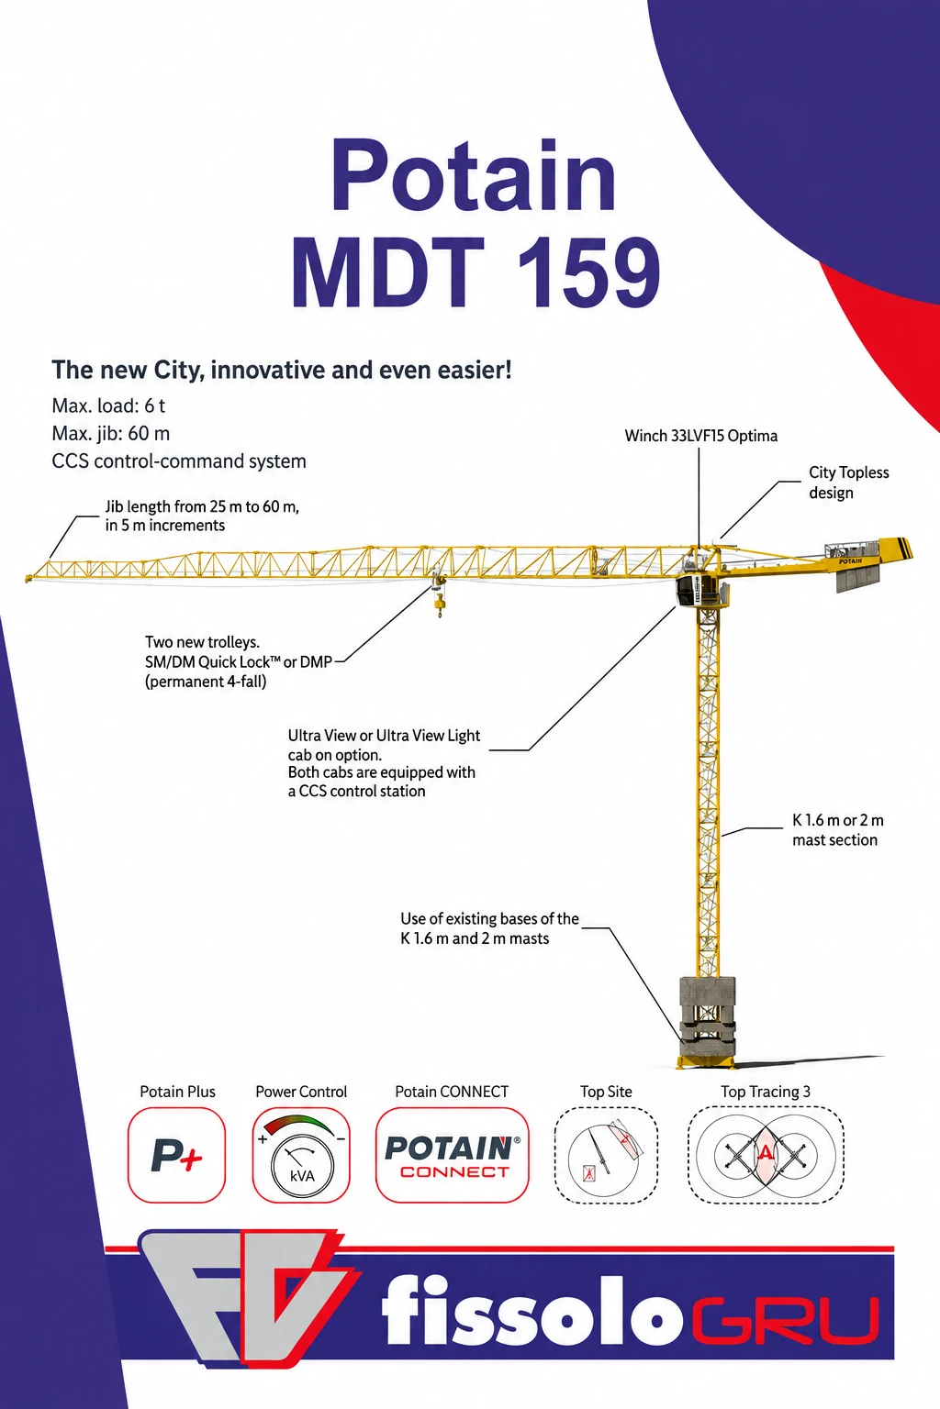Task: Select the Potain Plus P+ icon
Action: tap(176, 1155)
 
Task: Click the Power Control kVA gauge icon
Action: tap(301, 1155)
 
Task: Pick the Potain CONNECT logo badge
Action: tap(452, 1155)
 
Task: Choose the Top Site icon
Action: tap(606, 1155)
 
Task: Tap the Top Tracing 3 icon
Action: tap(765, 1155)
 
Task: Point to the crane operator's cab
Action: tap(695, 590)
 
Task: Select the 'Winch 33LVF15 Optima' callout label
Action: tap(700, 436)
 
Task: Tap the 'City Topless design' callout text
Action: tap(849, 483)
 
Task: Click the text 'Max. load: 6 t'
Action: tap(108, 405)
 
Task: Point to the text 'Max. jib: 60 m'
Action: tap(111, 433)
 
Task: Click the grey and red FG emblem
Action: tap(249, 1297)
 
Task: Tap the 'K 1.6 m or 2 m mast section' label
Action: tap(837, 829)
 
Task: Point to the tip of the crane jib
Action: tap(28, 578)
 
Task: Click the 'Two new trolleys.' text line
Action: tap(202, 642)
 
